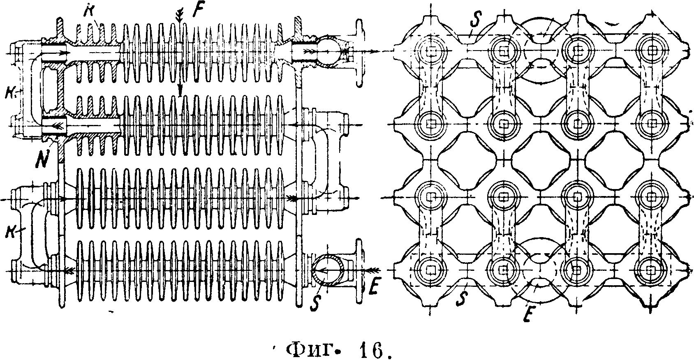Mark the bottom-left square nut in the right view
(430, 269)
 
